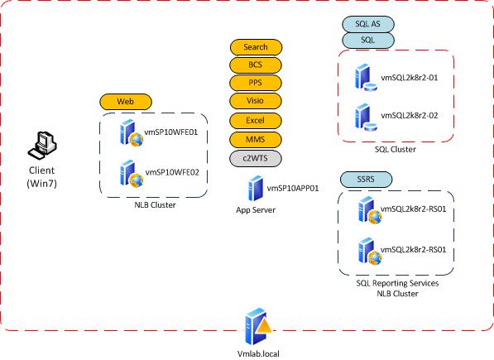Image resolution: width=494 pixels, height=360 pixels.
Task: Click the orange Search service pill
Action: click(x=255, y=47)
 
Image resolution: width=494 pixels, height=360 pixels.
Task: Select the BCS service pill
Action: click(x=255, y=65)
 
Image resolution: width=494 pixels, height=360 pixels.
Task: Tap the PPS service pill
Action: click(x=255, y=83)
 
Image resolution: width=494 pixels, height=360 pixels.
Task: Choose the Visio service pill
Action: click(x=255, y=101)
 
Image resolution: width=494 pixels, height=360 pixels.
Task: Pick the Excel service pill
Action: click(x=255, y=120)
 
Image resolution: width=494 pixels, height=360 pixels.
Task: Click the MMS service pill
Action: click(x=255, y=138)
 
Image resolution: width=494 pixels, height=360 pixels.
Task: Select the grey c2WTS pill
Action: click(x=255, y=157)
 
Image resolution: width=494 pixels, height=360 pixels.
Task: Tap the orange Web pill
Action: click(x=125, y=101)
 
